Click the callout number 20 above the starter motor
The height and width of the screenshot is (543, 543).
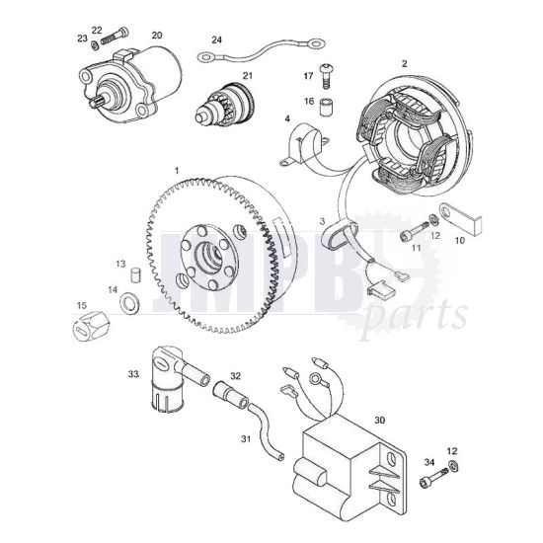156,36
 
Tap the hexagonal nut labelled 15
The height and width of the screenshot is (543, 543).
90,325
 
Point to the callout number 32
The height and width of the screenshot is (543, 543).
235,375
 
